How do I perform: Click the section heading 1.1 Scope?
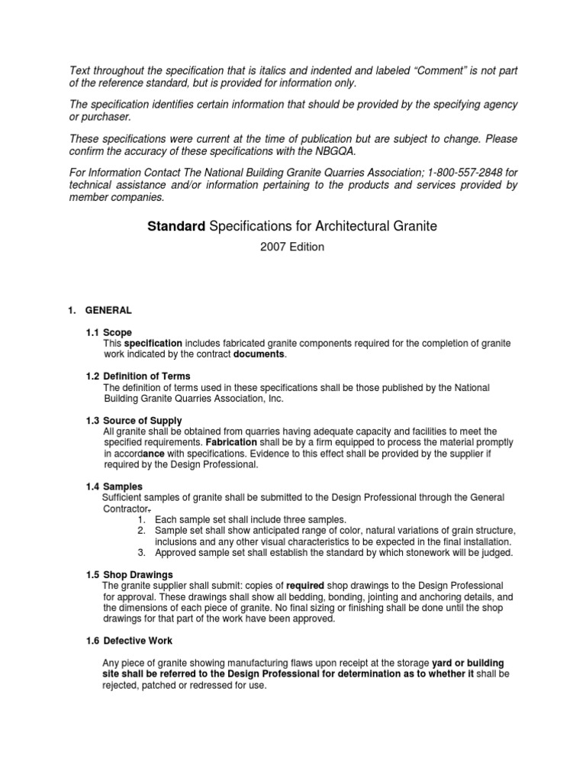[109, 333]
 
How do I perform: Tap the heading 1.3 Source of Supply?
[134, 421]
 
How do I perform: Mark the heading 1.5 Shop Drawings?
[129, 574]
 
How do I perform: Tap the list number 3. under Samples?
[142, 552]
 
